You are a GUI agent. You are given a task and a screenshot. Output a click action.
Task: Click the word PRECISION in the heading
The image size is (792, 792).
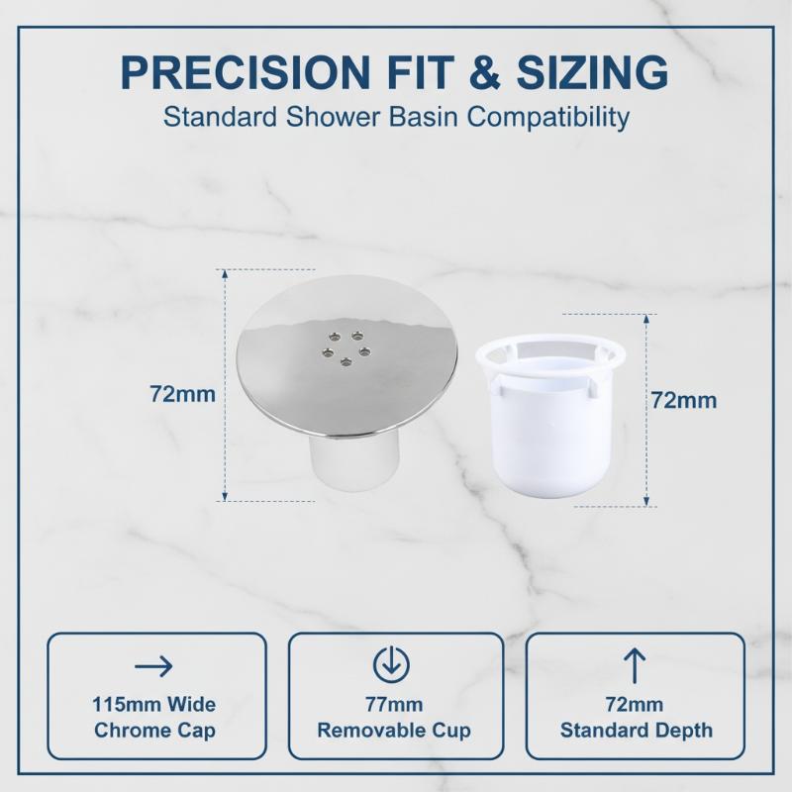click(246, 73)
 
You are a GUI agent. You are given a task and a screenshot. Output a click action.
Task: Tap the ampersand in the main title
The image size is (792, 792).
click(484, 73)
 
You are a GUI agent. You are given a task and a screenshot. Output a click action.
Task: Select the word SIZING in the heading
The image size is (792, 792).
click(592, 73)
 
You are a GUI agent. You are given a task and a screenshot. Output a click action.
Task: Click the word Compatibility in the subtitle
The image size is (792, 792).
click(548, 118)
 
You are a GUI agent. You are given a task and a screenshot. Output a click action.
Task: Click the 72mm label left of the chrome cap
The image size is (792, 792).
click(183, 394)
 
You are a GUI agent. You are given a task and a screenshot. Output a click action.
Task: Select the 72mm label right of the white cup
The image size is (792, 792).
click(684, 401)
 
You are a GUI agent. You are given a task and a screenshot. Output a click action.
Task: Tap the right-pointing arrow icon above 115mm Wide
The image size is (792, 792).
click(154, 666)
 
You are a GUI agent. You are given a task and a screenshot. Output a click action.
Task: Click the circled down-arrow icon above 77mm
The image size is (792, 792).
click(391, 663)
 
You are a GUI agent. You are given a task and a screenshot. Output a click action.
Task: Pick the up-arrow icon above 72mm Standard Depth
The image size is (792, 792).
click(635, 666)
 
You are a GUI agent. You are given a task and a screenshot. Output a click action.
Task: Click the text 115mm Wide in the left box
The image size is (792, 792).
click(154, 704)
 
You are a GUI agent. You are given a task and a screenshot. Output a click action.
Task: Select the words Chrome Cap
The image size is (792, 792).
click(154, 731)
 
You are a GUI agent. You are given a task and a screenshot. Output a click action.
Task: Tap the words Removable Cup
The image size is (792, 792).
click(394, 731)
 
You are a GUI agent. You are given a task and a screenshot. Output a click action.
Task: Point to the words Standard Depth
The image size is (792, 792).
click(637, 731)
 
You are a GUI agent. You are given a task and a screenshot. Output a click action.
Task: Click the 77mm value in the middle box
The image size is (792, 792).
click(394, 704)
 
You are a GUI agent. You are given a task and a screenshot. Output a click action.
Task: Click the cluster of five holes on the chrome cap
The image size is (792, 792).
click(346, 348)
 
